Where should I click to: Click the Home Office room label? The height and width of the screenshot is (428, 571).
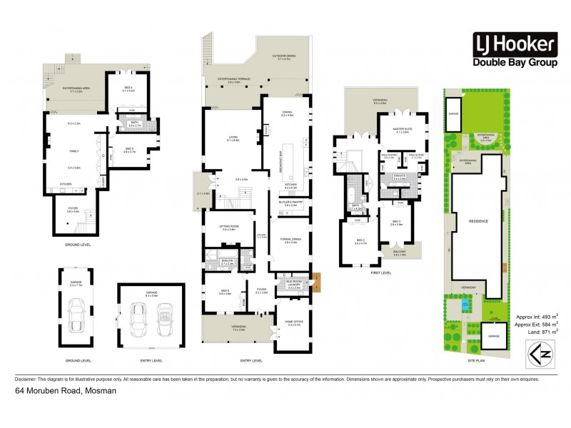pos(294,323)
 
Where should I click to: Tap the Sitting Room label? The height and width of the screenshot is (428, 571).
pos(228,228)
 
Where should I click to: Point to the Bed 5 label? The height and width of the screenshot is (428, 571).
pos(129,150)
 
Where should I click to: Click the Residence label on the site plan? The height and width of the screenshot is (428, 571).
pos(478,221)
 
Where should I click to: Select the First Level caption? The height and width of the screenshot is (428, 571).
pos(382,272)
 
